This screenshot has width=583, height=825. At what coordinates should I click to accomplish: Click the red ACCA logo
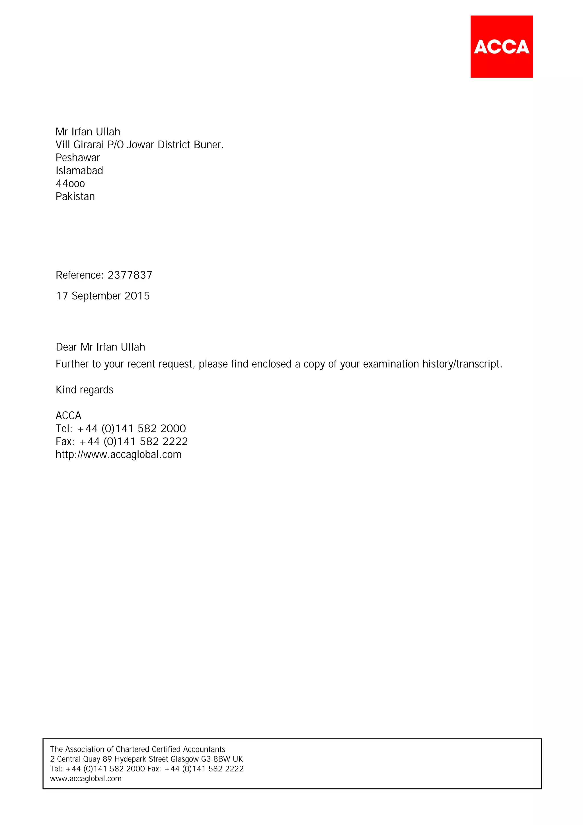pyautogui.click(x=502, y=46)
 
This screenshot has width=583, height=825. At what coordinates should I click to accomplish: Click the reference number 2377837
pyautogui.click(x=130, y=275)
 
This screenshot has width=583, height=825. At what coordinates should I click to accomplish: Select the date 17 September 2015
pyautogui.click(x=103, y=296)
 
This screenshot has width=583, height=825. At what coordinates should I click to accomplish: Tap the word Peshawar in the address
pyautogui.click(x=78, y=158)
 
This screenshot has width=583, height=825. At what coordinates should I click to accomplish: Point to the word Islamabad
pyautogui.click(x=79, y=171)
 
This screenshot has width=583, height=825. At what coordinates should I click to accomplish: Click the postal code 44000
pyautogui.click(x=70, y=184)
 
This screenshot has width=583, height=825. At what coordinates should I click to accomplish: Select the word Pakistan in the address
pyautogui.click(x=75, y=196)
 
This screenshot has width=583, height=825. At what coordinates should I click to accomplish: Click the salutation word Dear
pyautogui.click(x=66, y=347)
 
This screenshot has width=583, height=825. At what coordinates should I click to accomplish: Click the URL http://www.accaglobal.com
pyautogui.click(x=118, y=455)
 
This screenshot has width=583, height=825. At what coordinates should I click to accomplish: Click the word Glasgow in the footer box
pyautogui.click(x=185, y=759)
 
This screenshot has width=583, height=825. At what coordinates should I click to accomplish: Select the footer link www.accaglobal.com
pyautogui.click(x=86, y=779)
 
